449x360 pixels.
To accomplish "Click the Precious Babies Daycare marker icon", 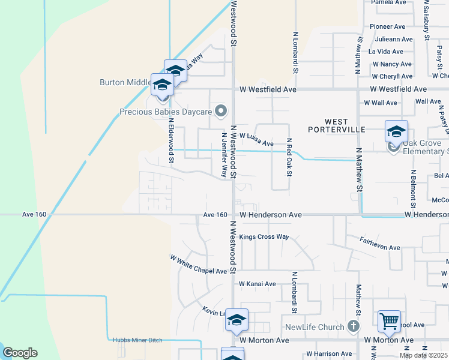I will pos(221,111).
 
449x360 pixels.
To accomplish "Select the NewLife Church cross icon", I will pos(354,326).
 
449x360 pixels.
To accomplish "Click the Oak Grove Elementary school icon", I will pos(396,132).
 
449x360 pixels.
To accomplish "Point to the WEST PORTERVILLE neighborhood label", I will pos(337,125).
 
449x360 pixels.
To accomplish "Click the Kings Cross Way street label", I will pos(264,237).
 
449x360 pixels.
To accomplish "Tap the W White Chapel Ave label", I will pos(198,265).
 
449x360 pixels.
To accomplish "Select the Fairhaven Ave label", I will pos(380,247).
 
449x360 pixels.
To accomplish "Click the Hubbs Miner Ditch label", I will pos(137,340).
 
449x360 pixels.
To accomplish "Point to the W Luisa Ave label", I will pos(256,140).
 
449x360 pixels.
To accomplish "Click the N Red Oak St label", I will pos(289,157).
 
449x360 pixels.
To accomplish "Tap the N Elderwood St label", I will pos(171,140).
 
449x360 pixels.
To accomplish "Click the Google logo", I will pos(20,353).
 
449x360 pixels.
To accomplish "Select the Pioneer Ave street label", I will pos(388,26).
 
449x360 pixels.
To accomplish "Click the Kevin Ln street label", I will pos(213,313).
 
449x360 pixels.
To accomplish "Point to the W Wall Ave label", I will pos(381,103).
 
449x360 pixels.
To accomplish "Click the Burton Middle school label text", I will pos(125,82).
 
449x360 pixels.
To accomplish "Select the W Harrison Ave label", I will pos(328,354).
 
